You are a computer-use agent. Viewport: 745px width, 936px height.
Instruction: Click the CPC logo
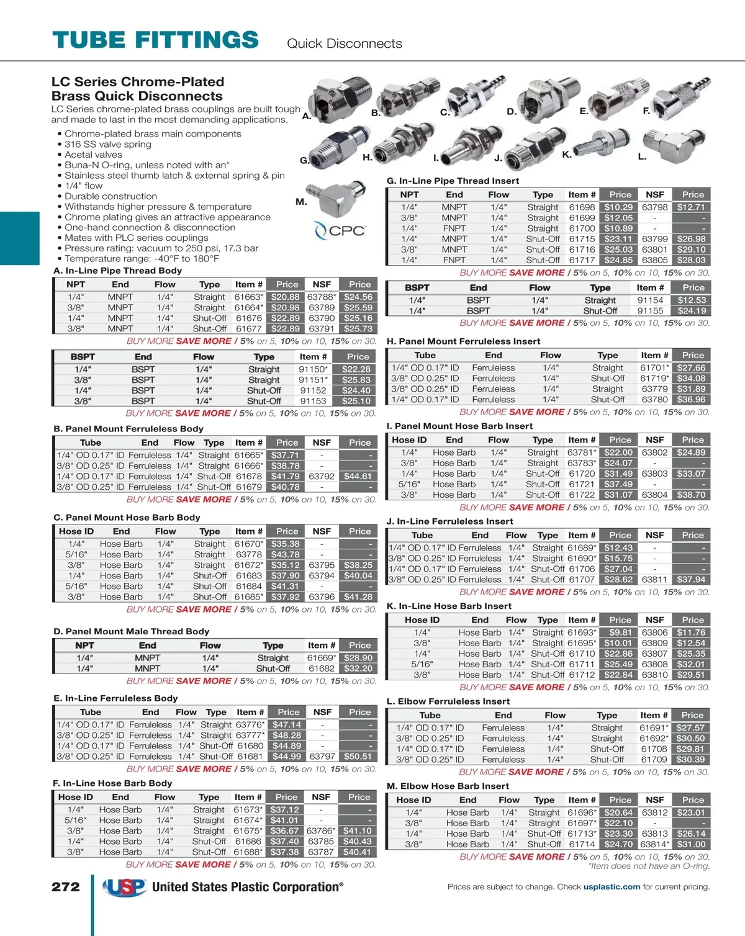(x=340, y=231)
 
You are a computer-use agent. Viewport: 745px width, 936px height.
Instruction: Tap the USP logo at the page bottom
(x=124, y=888)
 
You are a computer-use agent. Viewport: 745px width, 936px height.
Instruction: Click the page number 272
(x=65, y=887)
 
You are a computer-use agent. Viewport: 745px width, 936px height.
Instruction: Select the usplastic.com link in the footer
(x=612, y=887)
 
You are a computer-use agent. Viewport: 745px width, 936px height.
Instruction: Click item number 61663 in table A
(x=248, y=297)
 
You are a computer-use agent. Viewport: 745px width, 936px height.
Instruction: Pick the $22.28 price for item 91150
(x=356, y=369)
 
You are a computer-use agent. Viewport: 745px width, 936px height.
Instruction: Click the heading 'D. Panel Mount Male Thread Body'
(x=132, y=631)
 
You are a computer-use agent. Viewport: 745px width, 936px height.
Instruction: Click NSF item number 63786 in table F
(x=320, y=830)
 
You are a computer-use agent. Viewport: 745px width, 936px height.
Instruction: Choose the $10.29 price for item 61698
(x=618, y=207)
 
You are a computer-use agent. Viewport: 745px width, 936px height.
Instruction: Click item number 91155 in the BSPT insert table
(x=650, y=311)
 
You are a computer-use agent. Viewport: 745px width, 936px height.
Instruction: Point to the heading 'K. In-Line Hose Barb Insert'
(x=449, y=606)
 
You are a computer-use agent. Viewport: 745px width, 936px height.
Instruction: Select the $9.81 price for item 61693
(x=620, y=632)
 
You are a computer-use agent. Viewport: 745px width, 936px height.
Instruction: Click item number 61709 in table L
(x=654, y=759)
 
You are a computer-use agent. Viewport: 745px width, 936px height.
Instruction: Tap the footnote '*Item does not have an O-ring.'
(x=649, y=866)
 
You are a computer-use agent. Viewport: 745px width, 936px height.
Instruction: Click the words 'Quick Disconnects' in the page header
(x=345, y=43)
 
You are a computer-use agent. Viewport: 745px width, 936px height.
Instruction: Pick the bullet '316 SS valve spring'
(x=108, y=144)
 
